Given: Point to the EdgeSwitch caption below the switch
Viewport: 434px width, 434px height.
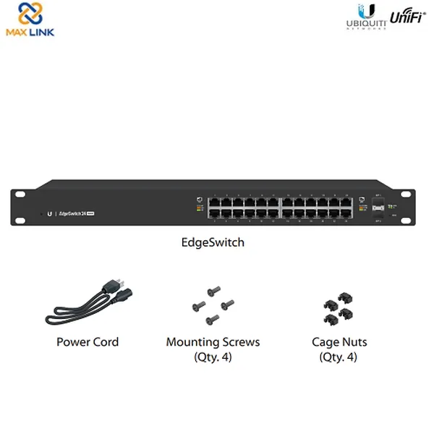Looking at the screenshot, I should point(213,243).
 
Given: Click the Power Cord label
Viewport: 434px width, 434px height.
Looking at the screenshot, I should point(88,341).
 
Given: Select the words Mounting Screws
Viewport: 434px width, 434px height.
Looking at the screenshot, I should point(213,341).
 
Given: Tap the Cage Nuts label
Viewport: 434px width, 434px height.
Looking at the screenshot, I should point(339,341).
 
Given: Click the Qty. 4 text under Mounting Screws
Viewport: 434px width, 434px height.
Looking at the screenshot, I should point(213,357).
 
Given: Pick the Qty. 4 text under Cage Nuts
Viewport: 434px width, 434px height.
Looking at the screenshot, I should point(339,357).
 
